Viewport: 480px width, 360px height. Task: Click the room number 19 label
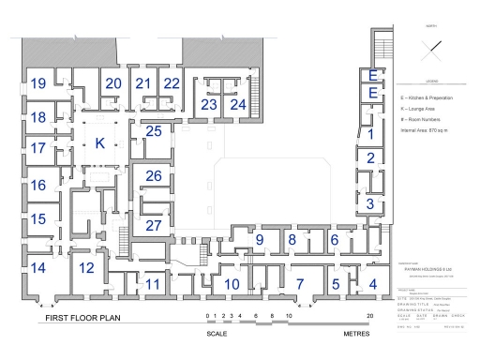pyautogui.click(x=37, y=84)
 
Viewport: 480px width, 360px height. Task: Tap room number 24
pyautogui.click(x=238, y=104)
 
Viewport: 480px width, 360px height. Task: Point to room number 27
pyautogui.click(x=154, y=225)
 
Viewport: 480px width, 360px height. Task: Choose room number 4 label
pyautogui.click(x=372, y=284)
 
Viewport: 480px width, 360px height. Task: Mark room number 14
pyautogui.click(x=37, y=268)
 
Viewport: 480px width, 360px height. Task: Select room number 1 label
pyautogui.click(x=371, y=134)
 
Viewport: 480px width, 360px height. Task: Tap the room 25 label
pyautogui.click(x=154, y=131)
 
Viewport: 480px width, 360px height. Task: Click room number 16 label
pyautogui.click(x=37, y=186)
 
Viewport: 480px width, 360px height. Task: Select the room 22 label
pyautogui.click(x=172, y=83)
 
